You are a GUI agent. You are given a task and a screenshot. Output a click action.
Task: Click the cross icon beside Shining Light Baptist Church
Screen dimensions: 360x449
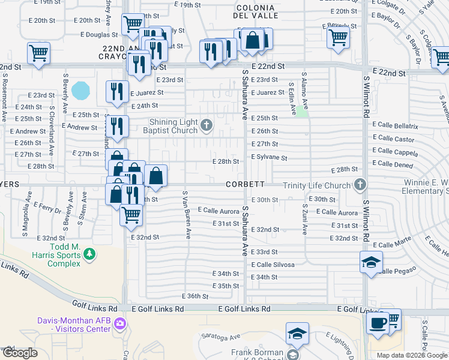(206, 125)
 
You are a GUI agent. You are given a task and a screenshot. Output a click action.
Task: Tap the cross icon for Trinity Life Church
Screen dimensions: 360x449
(360, 185)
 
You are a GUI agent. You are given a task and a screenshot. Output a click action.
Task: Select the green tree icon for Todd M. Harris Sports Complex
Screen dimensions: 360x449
(89, 254)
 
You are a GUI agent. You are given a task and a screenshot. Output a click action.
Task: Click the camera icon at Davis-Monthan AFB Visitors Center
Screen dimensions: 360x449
(121, 324)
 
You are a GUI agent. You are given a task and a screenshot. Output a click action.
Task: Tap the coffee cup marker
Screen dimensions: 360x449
(378, 323)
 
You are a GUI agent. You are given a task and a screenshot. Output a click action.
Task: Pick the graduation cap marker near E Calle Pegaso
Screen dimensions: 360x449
(371, 262)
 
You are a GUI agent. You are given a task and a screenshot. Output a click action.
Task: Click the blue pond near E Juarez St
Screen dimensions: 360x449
(80, 91)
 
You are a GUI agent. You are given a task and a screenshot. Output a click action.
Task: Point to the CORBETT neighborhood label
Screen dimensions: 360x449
(246, 185)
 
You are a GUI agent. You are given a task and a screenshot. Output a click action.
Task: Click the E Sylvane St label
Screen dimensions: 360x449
(269, 158)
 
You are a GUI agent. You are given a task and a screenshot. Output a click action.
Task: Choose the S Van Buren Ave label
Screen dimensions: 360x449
(187, 213)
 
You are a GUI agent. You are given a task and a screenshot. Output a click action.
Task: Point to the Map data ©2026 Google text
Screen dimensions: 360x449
(412, 355)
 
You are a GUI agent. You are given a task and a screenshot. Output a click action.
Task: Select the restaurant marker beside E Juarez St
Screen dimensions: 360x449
(116, 91)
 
